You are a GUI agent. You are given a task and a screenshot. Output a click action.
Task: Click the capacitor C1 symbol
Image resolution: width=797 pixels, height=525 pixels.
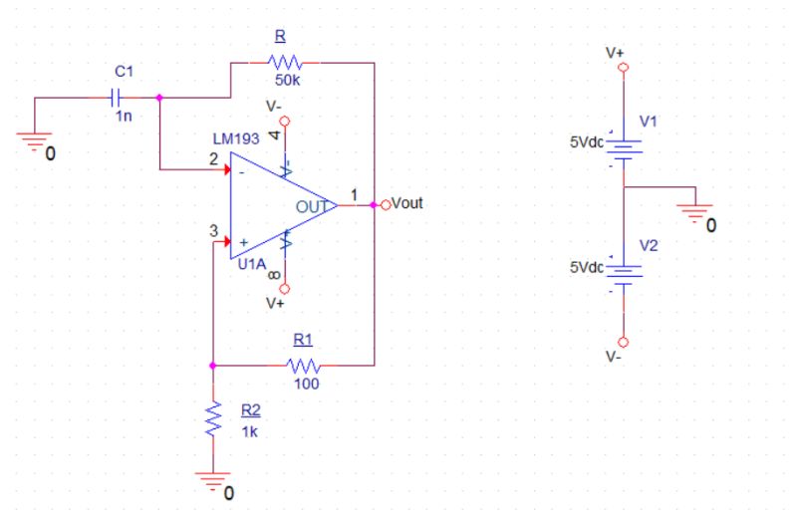tap(116, 98)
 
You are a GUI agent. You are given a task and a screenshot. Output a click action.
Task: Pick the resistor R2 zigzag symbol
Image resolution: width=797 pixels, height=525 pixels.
tap(213, 420)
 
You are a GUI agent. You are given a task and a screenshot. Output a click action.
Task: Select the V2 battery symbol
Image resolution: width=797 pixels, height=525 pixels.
tap(624, 271)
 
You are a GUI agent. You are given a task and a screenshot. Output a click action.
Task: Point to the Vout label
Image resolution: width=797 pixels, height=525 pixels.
tap(408, 204)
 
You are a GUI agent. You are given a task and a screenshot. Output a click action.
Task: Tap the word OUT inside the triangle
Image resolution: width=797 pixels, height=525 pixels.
tap(310, 206)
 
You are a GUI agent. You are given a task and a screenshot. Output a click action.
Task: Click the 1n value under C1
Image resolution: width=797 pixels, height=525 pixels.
tap(122, 116)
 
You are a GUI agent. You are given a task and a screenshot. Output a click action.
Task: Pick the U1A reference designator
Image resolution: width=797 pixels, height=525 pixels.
tap(252, 264)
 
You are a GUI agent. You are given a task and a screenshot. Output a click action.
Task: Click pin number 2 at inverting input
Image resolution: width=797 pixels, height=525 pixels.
tap(213, 157)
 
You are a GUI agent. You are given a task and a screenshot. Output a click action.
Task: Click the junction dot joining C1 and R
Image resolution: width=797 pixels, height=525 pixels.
tap(160, 98)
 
